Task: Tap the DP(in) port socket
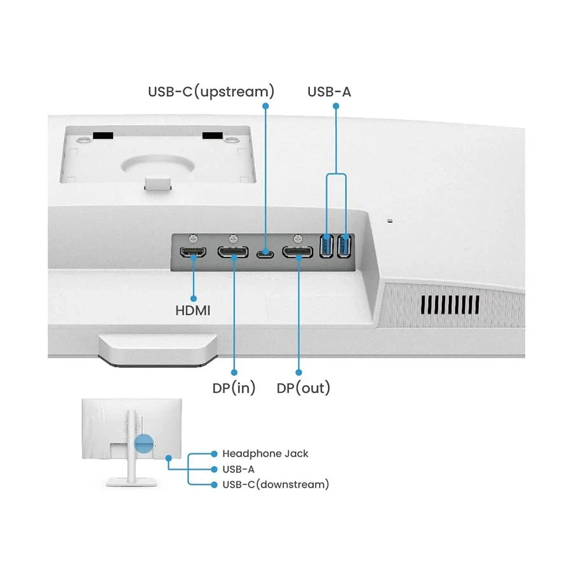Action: click(x=234, y=253)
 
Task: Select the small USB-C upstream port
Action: click(x=265, y=254)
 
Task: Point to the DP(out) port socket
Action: click(x=298, y=253)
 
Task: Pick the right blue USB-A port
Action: click(x=345, y=246)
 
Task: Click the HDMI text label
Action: click(x=193, y=311)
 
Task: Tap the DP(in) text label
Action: click(x=234, y=388)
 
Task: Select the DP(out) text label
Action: click(x=304, y=388)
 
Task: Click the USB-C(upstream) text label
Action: click(x=211, y=92)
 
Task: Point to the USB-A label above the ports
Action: click(x=329, y=92)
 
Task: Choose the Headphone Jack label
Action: click(x=265, y=454)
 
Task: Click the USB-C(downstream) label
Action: click(x=275, y=485)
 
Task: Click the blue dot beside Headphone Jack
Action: click(x=214, y=454)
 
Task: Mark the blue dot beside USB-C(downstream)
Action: click(x=214, y=485)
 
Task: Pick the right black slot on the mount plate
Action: click(x=213, y=136)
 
